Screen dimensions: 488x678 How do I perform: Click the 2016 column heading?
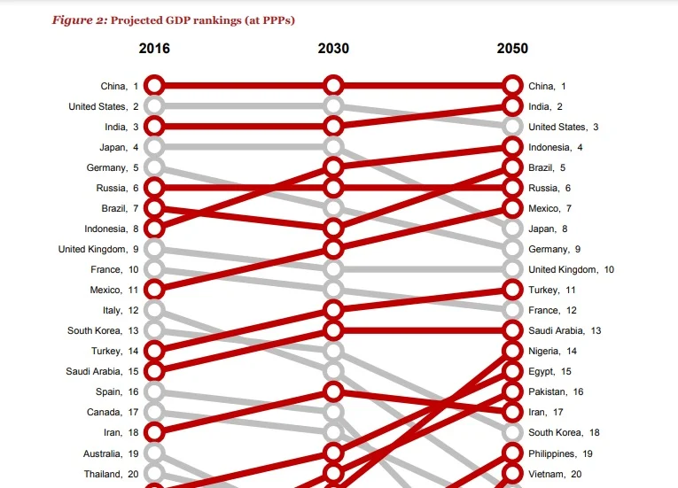[x=154, y=49]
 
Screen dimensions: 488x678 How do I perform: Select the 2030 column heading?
[x=333, y=49]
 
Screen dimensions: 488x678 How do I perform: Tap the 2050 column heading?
[x=512, y=49]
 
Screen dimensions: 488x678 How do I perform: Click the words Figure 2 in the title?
[x=78, y=20]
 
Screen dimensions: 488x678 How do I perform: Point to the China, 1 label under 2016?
[x=119, y=86]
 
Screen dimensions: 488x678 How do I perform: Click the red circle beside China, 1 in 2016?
[x=154, y=86]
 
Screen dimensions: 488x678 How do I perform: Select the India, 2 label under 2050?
[x=547, y=106]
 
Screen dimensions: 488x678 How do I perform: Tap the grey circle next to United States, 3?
[x=512, y=127]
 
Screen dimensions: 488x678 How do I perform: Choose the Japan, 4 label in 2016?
[x=119, y=147]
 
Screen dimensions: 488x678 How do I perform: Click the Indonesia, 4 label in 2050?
[x=556, y=147]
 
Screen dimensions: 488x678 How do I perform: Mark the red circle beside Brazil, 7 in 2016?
[x=154, y=208]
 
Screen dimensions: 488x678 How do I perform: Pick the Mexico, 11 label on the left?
[x=114, y=290]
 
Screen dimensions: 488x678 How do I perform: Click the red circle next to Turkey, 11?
[x=512, y=290]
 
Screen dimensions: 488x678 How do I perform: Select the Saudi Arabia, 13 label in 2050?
[x=565, y=330]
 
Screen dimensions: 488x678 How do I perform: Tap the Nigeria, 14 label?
[x=552, y=351]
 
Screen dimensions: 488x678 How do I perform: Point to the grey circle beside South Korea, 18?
[x=512, y=432]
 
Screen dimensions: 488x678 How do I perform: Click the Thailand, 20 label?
[x=111, y=474]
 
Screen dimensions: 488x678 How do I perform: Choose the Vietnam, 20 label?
[x=555, y=474]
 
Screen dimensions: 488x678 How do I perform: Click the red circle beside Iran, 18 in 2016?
[x=154, y=432]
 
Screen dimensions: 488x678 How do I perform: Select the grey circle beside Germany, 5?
[x=154, y=167]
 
